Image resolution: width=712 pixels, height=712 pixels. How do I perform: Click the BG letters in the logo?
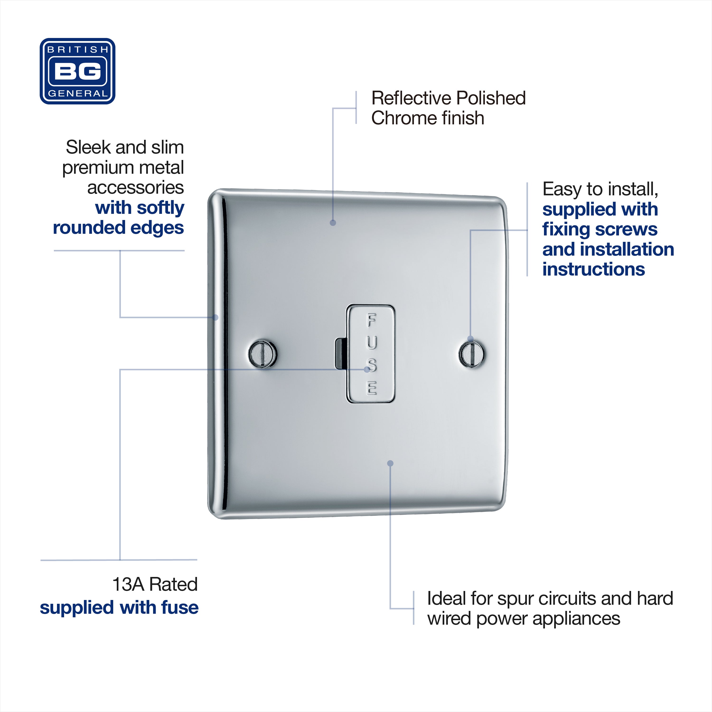[77, 71]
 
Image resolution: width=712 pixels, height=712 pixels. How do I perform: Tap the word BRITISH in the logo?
[78, 49]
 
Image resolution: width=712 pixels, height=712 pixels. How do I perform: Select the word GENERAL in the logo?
[78, 94]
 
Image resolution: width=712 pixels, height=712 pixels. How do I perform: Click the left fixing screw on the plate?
[262, 354]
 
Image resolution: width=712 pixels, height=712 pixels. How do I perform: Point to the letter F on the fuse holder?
[371, 320]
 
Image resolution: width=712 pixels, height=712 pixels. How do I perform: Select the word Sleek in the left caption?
[89, 147]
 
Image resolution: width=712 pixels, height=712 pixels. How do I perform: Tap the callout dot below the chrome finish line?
[333, 223]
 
